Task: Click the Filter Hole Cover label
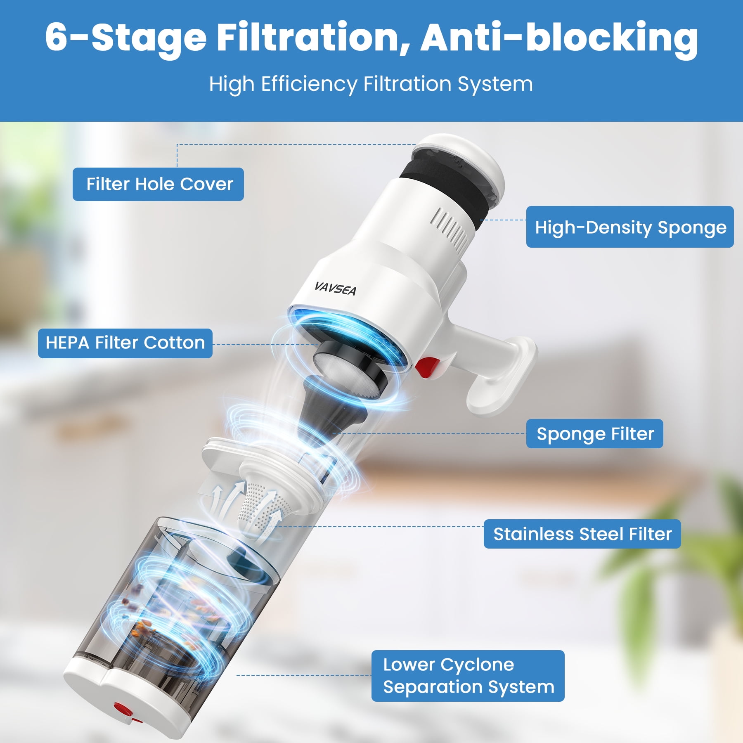pos(158,184)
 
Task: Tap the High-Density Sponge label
pos(630,227)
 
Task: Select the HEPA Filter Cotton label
pos(125,343)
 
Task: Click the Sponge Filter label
pos(595,434)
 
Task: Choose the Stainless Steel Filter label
pos(582,534)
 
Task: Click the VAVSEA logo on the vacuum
pos(335,288)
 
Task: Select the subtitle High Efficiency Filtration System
pos(371,84)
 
